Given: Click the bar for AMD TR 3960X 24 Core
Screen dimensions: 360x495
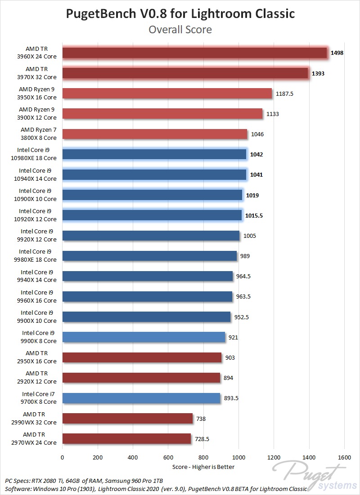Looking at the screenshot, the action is pos(195,53).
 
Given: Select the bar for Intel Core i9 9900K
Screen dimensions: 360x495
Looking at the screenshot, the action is pos(144,337).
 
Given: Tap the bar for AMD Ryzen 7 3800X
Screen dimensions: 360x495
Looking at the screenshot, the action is pos(155,134).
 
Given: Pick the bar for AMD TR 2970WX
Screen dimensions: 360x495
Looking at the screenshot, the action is pos(127,439).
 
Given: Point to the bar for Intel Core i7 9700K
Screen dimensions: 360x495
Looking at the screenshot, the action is pos(141,398).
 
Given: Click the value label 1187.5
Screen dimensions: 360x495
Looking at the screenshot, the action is pos(284,94).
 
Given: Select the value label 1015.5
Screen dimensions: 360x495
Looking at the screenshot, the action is pos(254,216).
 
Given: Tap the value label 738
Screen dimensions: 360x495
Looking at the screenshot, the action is pos(201,419).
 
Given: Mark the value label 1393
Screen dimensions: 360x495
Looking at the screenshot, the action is pos(318,74).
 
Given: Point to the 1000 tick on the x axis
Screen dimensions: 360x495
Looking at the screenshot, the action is pos(238,457).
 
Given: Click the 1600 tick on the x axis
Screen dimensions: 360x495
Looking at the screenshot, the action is pos(344,457).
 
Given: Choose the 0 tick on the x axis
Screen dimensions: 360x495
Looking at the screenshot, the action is pos(62,457).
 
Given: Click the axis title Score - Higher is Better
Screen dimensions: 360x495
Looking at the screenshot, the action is pos(203,467).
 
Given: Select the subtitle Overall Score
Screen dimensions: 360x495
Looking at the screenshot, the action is pos(180,29).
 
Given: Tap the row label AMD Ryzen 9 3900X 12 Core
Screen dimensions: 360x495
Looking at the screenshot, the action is pos(36,114).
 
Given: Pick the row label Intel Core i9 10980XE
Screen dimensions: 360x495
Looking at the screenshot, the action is pos(33,154).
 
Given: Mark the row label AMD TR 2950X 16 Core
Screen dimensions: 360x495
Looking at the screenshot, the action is pos(36,357).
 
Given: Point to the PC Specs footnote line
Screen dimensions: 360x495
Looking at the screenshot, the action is pos(84,481).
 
